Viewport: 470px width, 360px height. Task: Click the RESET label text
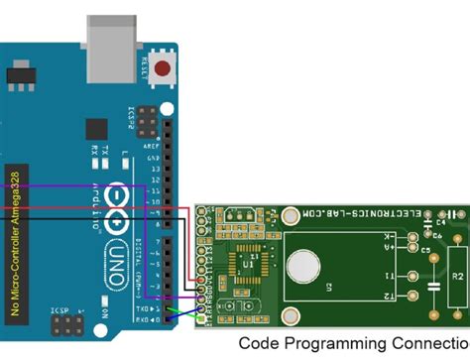click(x=146, y=68)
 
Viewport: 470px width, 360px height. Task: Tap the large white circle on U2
click(x=305, y=267)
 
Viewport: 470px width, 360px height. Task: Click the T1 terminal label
click(x=390, y=276)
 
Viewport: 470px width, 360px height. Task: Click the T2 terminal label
click(x=390, y=296)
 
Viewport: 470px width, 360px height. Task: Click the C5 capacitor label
click(x=424, y=251)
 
